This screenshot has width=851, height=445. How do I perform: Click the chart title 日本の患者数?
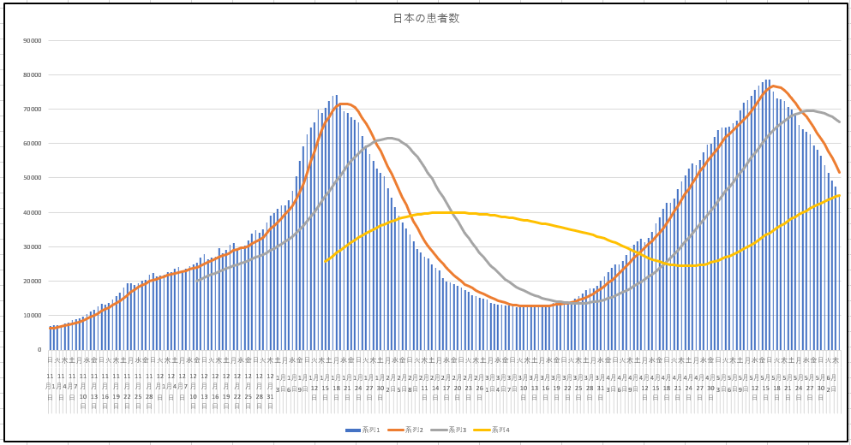[426, 18]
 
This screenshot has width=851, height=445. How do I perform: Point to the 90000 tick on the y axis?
[33, 40]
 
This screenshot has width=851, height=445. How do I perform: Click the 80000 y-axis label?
[33, 74]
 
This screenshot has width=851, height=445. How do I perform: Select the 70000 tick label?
[33, 109]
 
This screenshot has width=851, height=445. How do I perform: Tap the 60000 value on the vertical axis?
[33, 143]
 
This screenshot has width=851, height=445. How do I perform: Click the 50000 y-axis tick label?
[33, 178]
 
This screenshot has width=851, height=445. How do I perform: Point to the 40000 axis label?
[33, 212]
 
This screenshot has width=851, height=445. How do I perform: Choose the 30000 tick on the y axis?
[33, 246]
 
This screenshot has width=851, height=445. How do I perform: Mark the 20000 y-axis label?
[33, 281]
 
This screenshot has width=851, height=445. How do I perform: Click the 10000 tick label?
[33, 315]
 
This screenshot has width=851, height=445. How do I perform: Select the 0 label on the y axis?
[39, 349]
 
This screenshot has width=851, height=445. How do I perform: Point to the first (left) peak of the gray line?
[390, 138]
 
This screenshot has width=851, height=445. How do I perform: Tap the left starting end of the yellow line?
[326, 261]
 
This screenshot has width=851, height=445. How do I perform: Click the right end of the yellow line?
[839, 195]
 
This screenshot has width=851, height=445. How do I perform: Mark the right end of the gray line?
[839, 122]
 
